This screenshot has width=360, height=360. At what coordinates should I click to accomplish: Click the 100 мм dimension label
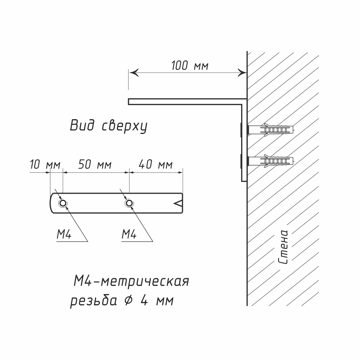coord(190,66)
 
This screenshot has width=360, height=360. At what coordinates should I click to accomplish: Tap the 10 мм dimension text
coord(45,165)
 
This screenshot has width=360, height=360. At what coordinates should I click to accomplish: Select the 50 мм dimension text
coord(95,165)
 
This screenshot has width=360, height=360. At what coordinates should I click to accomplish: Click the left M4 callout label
coord(64,235)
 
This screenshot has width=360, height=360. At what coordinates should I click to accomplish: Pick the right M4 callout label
coord(129,235)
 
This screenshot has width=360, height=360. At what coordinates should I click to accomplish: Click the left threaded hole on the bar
coord(63,204)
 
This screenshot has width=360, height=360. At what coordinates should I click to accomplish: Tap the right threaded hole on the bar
coord(129,204)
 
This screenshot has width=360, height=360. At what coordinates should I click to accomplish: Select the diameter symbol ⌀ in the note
coord(127,300)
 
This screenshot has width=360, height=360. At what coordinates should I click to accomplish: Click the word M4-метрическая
coord(131,281)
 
